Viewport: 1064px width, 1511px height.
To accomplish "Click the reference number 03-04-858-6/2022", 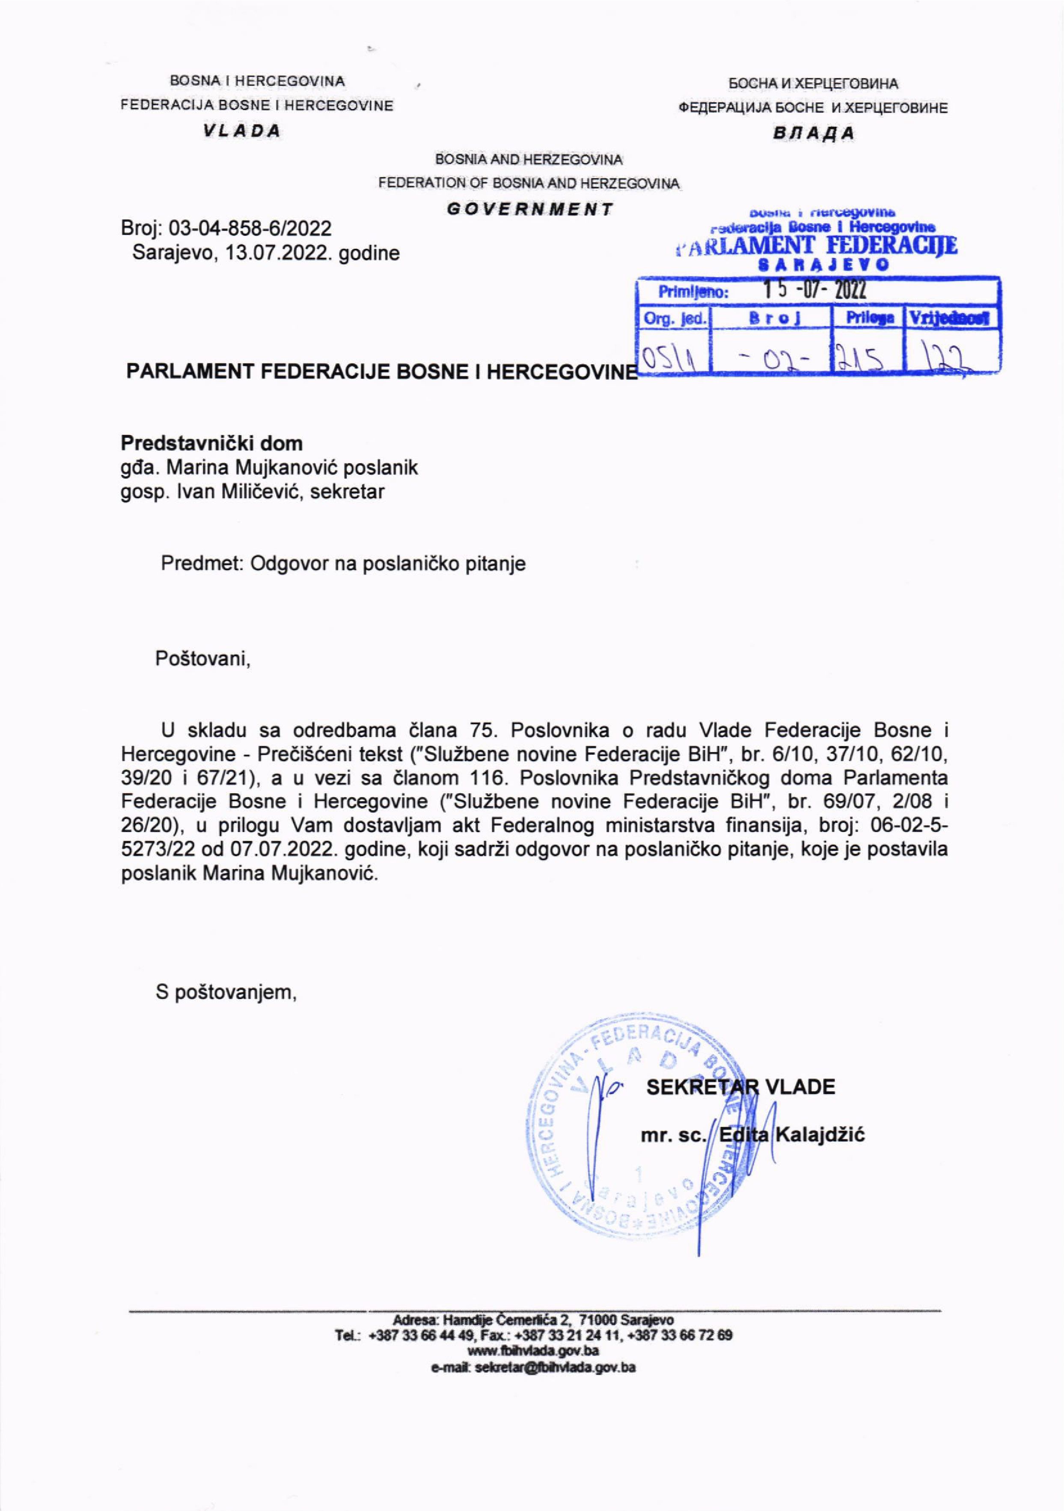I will click(250, 228).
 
